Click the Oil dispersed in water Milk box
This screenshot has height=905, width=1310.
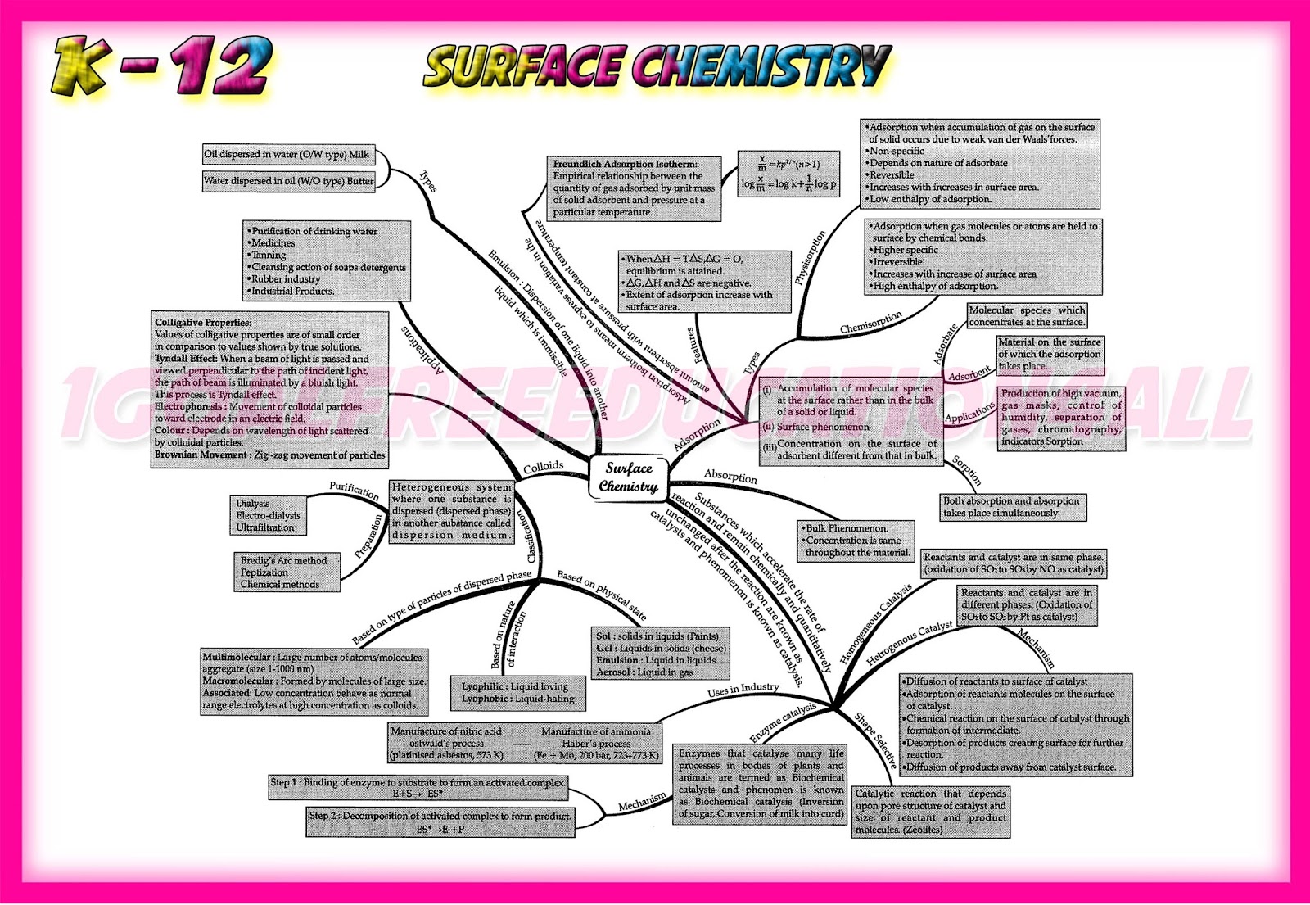(x=287, y=154)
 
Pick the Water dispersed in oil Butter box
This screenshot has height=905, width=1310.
(x=288, y=181)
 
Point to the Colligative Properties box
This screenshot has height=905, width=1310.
(x=269, y=389)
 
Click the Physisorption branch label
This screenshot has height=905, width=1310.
(x=811, y=257)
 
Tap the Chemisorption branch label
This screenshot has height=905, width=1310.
(x=870, y=323)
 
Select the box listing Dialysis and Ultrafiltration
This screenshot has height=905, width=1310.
(x=268, y=516)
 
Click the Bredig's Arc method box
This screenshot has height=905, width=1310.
(x=286, y=572)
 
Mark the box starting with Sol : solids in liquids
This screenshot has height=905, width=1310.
(x=660, y=654)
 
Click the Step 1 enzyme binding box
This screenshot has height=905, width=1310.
(x=418, y=788)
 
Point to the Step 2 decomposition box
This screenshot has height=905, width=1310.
(x=440, y=822)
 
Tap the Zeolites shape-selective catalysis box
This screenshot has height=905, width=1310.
(x=930, y=811)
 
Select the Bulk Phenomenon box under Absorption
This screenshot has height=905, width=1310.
(x=856, y=541)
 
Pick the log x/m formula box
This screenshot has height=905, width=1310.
(x=788, y=174)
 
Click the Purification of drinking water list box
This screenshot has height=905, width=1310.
(x=327, y=260)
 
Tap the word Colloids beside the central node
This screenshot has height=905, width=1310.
(x=544, y=467)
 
